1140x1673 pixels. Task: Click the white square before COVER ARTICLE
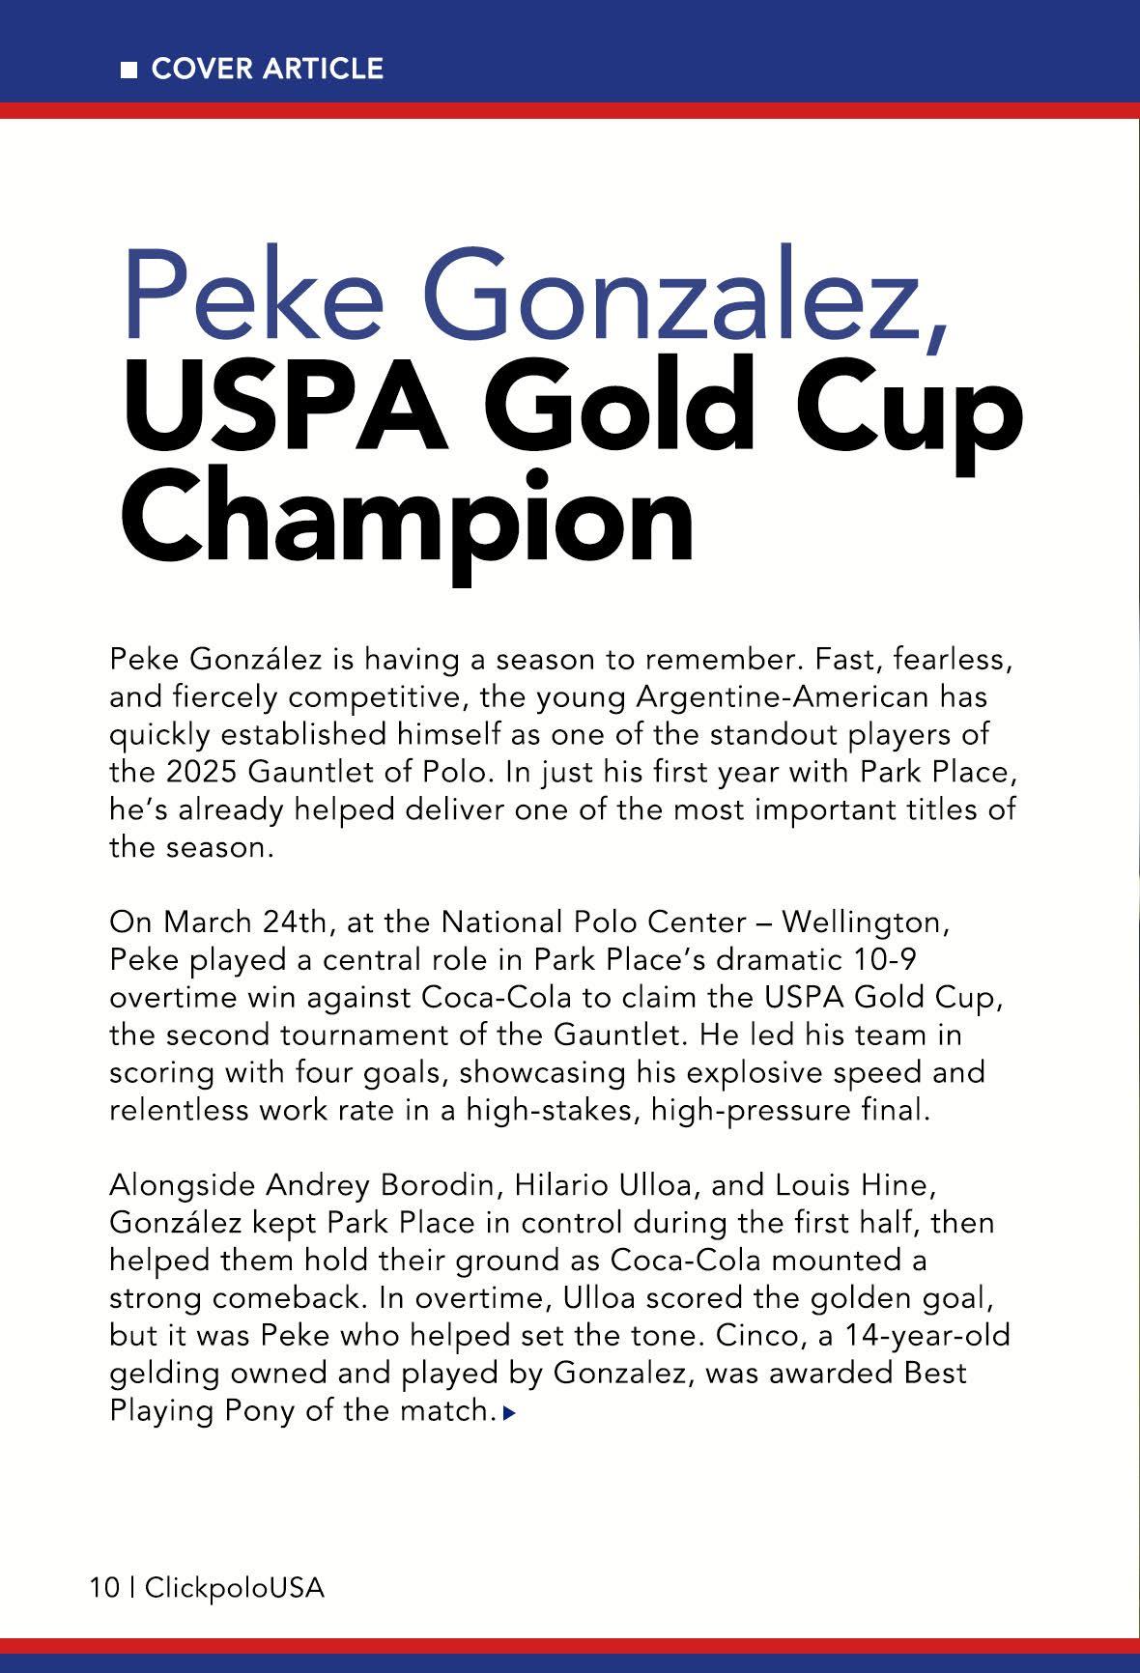[x=128, y=70]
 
